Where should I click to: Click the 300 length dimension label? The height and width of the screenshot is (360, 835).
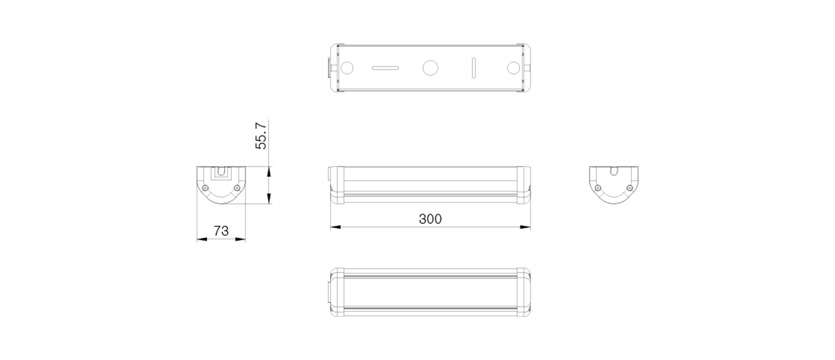click(430, 219)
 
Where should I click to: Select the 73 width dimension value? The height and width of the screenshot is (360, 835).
click(221, 231)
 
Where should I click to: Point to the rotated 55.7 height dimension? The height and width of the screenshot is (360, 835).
click(261, 135)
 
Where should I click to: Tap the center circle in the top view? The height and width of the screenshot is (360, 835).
click(430, 68)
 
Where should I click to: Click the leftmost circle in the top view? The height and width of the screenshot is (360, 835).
click(347, 68)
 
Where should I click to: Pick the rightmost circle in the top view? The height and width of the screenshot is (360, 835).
click(513, 68)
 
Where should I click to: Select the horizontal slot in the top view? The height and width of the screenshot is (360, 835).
click(385, 68)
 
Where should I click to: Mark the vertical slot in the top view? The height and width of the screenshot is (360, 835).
click(474, 68)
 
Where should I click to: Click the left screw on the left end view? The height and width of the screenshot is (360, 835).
click(205, 188)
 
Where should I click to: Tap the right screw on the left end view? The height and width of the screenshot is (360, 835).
click(237, 188)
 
